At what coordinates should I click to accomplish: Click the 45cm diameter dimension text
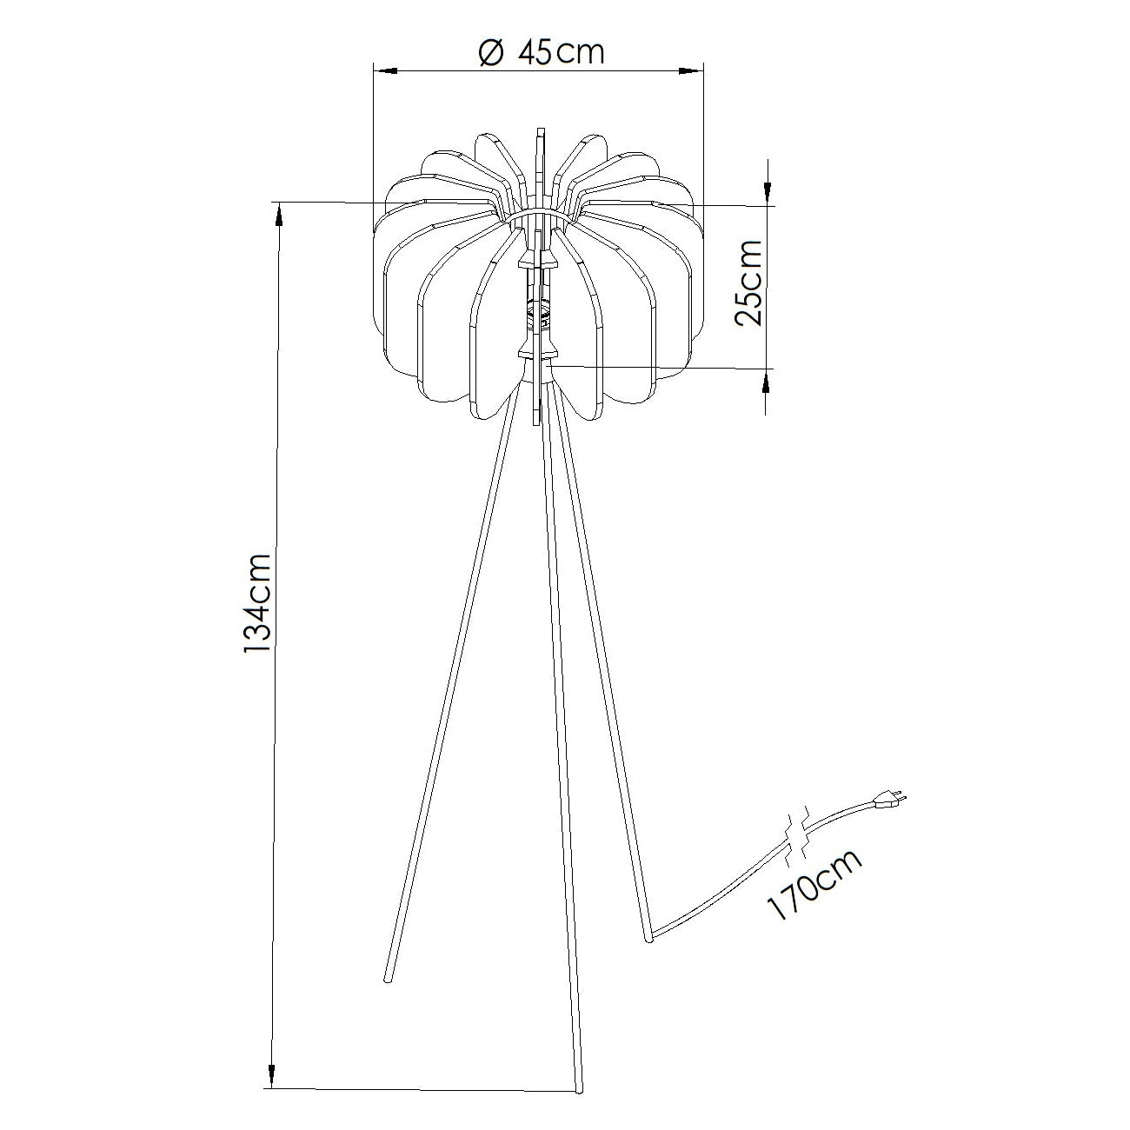[560, 52]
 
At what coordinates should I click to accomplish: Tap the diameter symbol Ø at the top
[491, 53]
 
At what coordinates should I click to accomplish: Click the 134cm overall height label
[258, 602]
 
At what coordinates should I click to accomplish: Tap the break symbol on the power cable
[798, 833]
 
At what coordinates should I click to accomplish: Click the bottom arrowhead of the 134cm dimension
[273, 1077]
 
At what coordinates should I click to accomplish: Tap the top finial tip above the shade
[540, 130]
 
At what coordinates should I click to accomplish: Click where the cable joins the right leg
[652, 935]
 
